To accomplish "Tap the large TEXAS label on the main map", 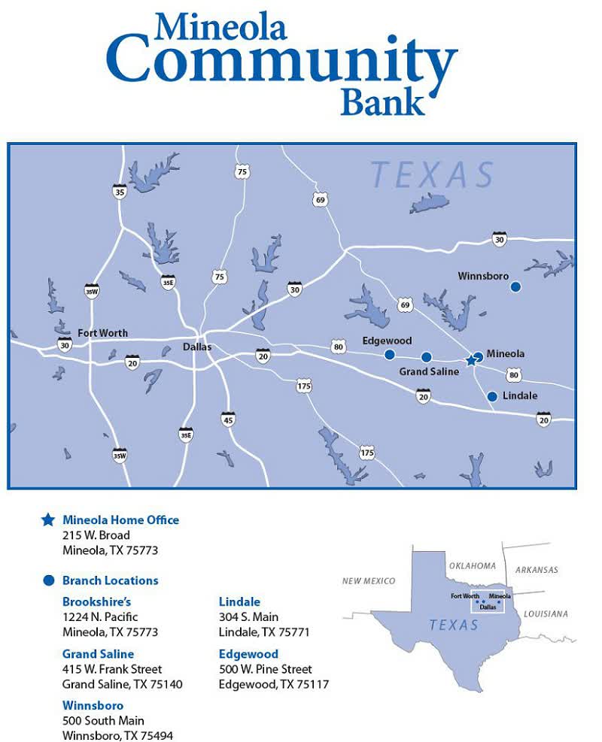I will (432, 175).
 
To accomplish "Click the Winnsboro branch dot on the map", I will (515, 286).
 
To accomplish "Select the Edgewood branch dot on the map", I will (389, 355).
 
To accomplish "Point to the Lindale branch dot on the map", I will (492, 396).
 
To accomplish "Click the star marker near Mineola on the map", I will (471, 361).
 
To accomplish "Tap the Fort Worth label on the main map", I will (102, 333).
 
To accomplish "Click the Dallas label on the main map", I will (197, 347).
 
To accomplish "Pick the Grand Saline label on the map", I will (429, 371).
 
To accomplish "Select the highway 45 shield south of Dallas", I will (227, 419).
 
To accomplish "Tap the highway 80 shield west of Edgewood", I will (339, 347).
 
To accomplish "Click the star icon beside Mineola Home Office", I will (48, 519).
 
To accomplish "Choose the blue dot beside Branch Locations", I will (49, 580).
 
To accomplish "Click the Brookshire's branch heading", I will (96, 601).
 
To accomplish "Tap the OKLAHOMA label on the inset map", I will (472, 566).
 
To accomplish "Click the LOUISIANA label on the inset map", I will (546, 614).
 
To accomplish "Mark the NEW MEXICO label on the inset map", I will (369, 581).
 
